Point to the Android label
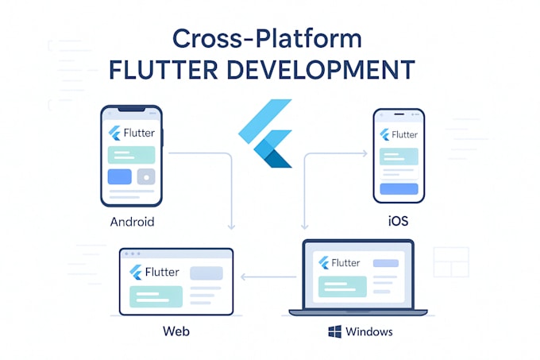click(132, 222)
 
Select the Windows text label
click(368, 331)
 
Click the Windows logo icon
click(334, 331)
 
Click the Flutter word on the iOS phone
click(404, 134)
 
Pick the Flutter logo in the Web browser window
click(136, 272)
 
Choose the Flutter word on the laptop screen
click(345, 262)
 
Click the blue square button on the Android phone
click(119, 177)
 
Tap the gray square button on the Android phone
click(145, 177)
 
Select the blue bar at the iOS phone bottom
click(399, 188)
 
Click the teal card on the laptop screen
click(341, 286)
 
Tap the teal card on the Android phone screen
click(132, 155)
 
